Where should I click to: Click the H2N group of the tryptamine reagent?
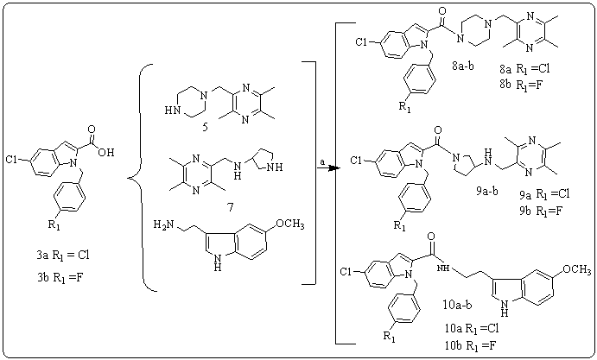click(165, 224)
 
